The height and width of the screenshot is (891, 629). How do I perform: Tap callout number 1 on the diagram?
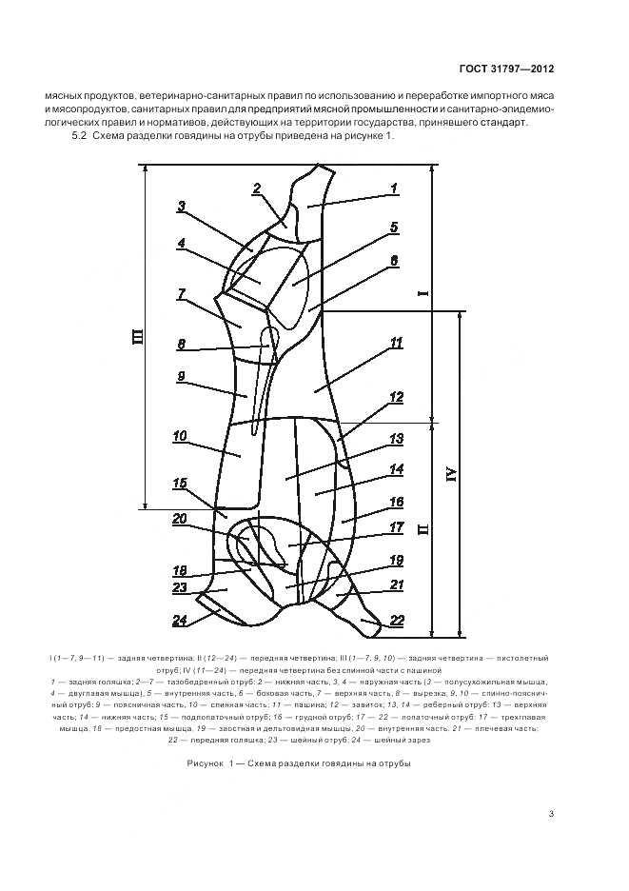[x=393, y=188]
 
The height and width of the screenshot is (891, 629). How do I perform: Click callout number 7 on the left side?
[x=181, y=294]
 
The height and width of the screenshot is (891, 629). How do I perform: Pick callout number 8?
[x=181, y=345]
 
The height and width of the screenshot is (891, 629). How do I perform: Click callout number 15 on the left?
[x=180, y=484]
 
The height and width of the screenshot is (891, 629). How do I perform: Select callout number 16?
[x=397, y=502]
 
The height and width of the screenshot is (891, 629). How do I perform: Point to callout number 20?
[x=180, y=519]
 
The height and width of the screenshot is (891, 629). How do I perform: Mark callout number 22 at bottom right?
[x=397, y=621]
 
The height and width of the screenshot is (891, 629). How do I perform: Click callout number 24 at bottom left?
[x=180, y=623]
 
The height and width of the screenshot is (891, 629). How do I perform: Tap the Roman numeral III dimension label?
[x=136, y=335]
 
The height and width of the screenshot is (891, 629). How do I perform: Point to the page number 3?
[x=551, y=812]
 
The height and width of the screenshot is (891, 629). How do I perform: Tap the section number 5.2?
[x=80, y=137]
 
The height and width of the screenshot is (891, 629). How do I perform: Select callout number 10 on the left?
[x=180, y=437]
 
